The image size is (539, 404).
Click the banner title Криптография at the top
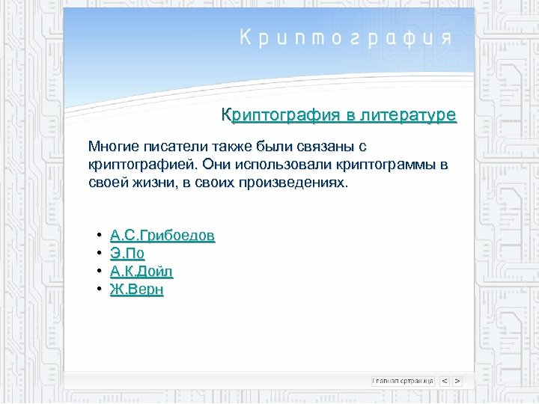click(x=345, y=38)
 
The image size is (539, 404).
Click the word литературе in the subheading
click(x=408, y=115)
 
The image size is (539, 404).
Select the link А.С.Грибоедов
click(x=162, y=236)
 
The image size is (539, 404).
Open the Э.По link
click(x=127, y=254)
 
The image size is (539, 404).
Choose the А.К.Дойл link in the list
click(x=141, y=272)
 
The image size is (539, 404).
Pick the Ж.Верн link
click(x=136, y=290)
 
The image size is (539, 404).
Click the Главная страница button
click(x=403, y=381)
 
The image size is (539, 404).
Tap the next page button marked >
click(x=457, y=381)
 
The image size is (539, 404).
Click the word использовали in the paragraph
click(x=281, y=165)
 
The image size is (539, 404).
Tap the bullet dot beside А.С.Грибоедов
click(x=99, y=236)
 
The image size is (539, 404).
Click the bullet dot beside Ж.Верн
click(x=99, y=290)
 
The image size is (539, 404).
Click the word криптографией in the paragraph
click(x=140, y=165)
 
